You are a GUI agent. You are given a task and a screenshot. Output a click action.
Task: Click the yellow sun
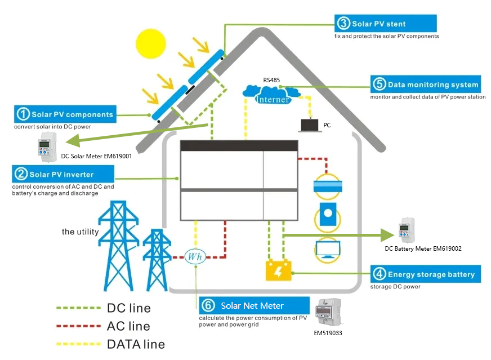coord(152,43)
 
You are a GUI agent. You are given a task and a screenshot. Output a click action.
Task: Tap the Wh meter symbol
coord(195,256)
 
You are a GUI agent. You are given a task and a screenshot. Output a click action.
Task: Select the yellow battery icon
coord(278,271)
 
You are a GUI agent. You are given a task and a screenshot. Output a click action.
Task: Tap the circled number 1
coord(23,114)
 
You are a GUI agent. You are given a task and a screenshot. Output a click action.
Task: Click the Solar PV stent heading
coord(378,24)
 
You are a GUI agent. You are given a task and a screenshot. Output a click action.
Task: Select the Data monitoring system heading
coord(425,85)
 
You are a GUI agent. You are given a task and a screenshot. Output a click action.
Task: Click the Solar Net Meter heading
coord(252,305)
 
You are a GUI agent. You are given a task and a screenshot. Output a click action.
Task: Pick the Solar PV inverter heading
coord(62,174)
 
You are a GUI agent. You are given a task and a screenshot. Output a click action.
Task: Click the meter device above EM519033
coord(329,312)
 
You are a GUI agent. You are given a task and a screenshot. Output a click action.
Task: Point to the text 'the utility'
coord(80,232)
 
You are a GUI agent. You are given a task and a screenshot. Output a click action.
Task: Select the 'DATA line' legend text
coord(135,344)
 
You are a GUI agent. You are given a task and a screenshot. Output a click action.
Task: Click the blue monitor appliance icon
coord(327,248)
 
